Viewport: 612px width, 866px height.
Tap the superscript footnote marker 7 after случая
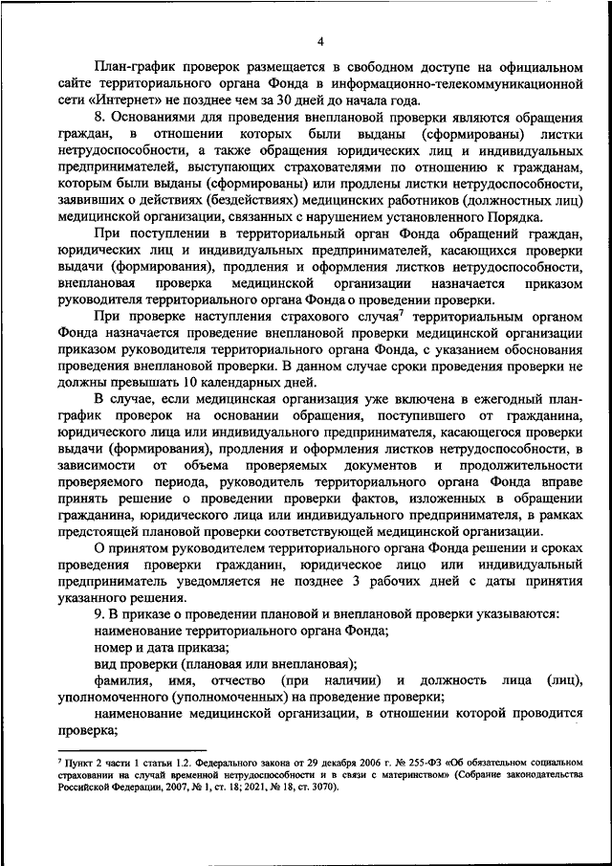pyautogui.click(x=404, y=313)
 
